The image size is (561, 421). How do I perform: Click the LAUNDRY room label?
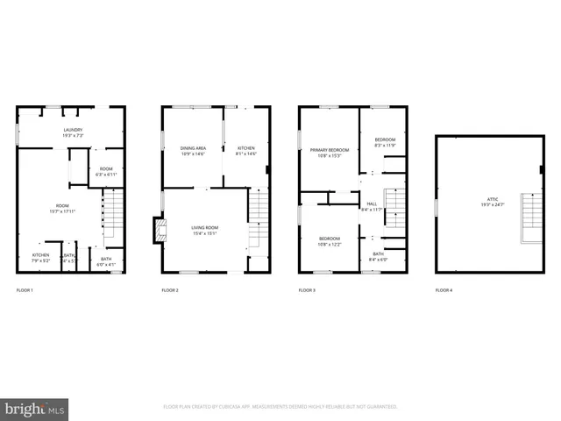72,130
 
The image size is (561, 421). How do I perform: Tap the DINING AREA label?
192,149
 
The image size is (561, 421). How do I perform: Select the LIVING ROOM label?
205,227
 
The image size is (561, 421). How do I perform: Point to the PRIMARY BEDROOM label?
329,150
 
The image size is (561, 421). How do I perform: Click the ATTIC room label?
488,199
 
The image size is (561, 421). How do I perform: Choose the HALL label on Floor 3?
372,203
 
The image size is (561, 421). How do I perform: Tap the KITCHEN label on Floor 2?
246,149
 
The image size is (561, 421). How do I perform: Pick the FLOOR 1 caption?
25,290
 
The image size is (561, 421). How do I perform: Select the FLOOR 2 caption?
170,290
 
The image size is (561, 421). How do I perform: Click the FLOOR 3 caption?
307,290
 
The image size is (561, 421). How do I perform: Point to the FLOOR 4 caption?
444,290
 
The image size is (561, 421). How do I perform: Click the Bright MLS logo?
34,409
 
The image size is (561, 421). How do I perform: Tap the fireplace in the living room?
160,231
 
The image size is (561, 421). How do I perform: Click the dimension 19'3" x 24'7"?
488,205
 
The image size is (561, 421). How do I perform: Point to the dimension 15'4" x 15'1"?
205,233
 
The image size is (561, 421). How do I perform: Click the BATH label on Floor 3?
378,253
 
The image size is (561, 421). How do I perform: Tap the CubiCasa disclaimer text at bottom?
280,407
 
